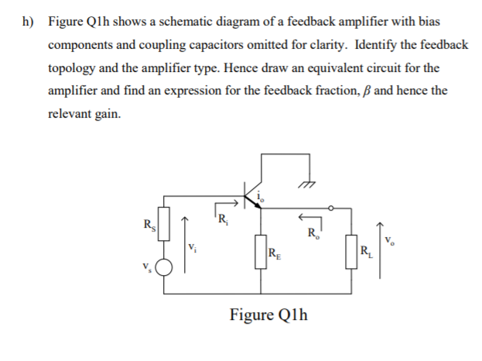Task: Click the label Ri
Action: point(223,218)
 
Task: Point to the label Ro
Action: point(311,232)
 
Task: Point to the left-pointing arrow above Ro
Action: point(311,219)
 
